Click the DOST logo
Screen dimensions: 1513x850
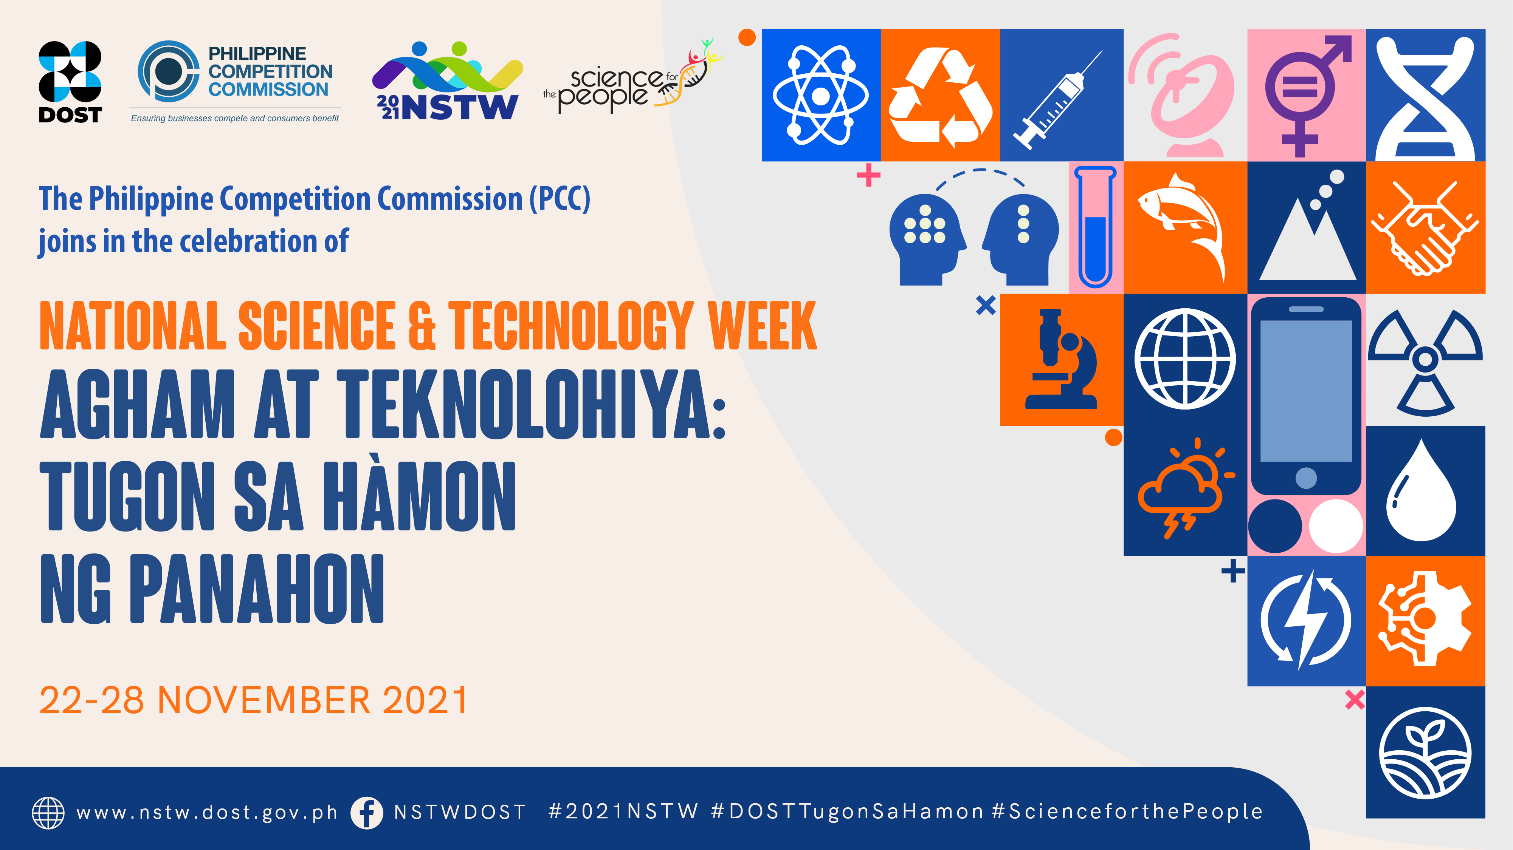[x=70, y=82]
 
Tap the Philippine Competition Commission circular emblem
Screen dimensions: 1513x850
[x=169, y=72]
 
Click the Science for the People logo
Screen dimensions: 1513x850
[x=634, y=76]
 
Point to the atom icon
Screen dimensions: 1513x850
[x=820, y=95]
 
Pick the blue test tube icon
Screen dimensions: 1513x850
[x=1095, y=227]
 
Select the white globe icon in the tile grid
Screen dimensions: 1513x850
[x=1185, y=359]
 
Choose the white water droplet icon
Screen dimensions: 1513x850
[x=1422, y=490]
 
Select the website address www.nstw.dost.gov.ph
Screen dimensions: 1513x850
[x=207, y=813]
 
